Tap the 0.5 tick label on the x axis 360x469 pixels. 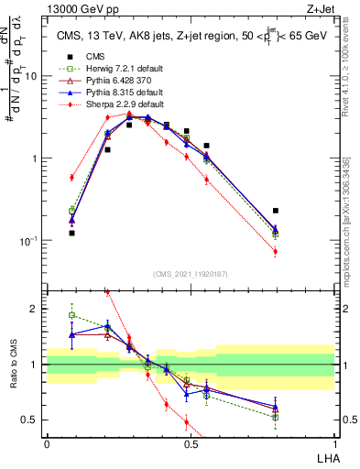point(191,443)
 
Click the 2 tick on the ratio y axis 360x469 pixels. point(38,309)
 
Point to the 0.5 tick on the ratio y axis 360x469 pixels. point(35,420)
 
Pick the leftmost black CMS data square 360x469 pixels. point(72,234)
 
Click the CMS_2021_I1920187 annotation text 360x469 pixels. point(191,274)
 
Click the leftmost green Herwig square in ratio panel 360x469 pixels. point(72,315)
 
